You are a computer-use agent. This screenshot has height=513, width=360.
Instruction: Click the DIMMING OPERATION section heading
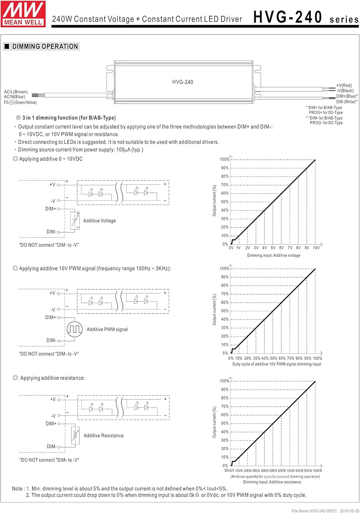click(x=45, y=47)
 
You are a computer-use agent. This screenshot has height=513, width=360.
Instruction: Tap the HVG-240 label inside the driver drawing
click(x=182, y=82)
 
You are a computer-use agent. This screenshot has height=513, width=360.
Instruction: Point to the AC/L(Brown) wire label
click(x=16, y=92)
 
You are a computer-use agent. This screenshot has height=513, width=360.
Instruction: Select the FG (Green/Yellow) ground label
click(x=21, y=102)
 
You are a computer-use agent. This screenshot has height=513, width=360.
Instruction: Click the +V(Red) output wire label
click(x=344, y=85)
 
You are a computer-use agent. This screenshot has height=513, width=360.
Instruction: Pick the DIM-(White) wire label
click(x=347, y=102)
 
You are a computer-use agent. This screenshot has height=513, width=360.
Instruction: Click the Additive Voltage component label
click(x=100, y=221)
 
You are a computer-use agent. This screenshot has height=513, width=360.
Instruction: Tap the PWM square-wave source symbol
click(x=74, y=329)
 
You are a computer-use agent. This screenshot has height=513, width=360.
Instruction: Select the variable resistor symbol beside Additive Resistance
click(x=75, y=435)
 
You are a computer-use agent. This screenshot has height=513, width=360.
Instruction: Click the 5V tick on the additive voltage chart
click(x=273, y=248)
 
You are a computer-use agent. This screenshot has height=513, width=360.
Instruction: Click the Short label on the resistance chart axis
click(x=229, y=470)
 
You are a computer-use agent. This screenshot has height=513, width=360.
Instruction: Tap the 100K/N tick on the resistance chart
click(x=317, y=471)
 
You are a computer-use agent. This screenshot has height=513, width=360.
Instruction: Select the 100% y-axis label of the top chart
click(x=224, y=159)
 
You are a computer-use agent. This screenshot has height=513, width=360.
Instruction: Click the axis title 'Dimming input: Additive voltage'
click(x=273, y=255)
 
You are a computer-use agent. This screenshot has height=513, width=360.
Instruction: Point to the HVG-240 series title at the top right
click(x=306, y=17)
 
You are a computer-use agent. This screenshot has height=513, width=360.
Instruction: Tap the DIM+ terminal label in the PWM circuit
click(x=50, y=317)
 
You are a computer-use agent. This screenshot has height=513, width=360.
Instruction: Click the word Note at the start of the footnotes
click(x=17, y=489)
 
